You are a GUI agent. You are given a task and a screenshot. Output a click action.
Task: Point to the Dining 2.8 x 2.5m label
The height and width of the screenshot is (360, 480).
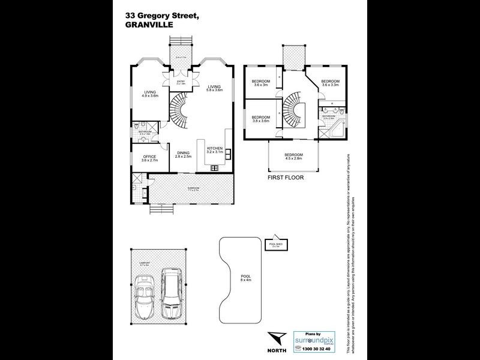[x=183, y=154]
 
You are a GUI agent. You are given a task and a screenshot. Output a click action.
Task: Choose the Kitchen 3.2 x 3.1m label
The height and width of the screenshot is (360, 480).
[x=215, y=149]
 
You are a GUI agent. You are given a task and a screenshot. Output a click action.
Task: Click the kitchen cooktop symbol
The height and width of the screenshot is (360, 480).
[x=214, y=167]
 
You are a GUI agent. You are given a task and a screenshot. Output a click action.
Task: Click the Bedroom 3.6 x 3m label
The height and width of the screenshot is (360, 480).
[x=260, y=83]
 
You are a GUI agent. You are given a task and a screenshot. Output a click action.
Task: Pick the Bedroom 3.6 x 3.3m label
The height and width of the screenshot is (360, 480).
[x=330, y=83]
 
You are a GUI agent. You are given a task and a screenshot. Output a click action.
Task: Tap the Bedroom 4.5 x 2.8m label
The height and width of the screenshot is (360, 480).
[x=293, y=157]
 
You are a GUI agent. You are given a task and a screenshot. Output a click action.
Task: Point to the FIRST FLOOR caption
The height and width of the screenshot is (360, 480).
[x=286, y=178]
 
